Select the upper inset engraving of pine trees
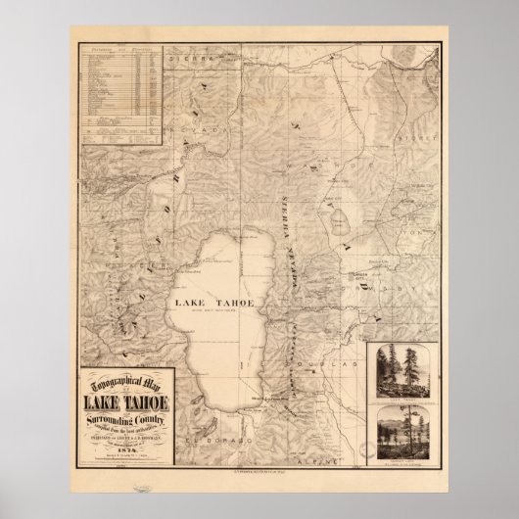[405, 373]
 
